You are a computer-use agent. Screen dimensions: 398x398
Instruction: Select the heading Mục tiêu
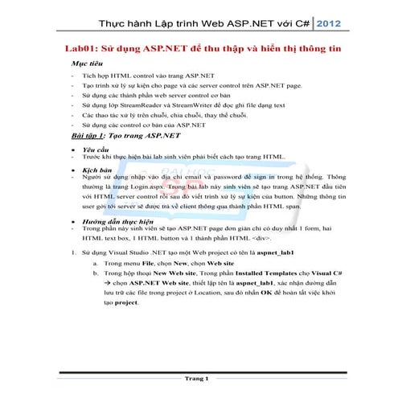[88, 62]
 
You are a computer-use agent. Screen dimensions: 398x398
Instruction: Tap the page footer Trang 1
[197, 378]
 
